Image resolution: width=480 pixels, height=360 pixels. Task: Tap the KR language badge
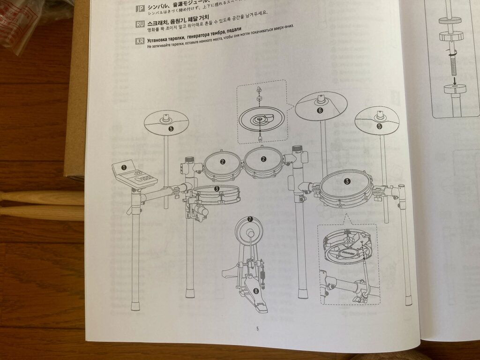(x=139, y=41)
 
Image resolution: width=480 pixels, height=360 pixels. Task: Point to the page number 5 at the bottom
(x=257, y=328)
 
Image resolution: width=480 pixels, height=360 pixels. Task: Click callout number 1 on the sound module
(x=124, y=167)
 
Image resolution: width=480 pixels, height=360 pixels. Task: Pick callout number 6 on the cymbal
(x=320, y=111)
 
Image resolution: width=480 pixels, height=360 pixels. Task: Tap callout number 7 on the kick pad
(x=250, y=219)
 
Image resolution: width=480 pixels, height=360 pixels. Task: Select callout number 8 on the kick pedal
(x=256, y=291)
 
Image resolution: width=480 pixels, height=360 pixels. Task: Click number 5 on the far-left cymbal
(x=171, y=127)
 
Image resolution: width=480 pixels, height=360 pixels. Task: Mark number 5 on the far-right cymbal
(x=379, y=126)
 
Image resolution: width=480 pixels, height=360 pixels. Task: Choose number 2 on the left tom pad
(x=223, y=162)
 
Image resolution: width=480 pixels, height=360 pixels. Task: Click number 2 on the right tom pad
(x=264, y=159)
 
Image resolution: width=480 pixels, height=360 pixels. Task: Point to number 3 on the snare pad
(x=217, y=188)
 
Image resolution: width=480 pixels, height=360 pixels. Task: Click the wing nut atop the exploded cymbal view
(x=258, y=90)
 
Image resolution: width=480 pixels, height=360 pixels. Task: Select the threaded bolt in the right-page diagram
(x=454, y=65)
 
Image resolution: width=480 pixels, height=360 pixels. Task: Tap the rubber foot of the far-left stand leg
(x=135, y=306)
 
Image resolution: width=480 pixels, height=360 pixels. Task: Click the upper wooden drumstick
(x=42, y=197)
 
